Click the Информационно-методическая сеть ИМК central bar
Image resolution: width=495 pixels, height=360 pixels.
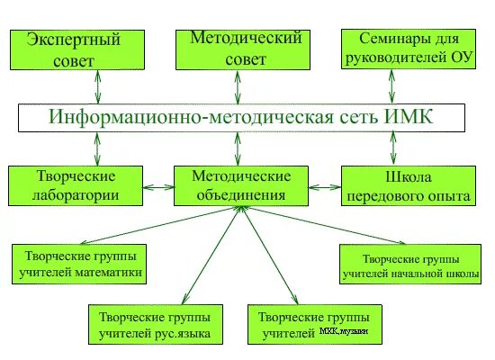[241, 117]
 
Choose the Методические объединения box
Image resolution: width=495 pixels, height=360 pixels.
[240, 184]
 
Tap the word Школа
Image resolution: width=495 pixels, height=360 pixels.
[408, 175]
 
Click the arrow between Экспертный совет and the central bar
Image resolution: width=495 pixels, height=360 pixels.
[97, 87]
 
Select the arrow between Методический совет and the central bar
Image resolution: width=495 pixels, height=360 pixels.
[237, 87]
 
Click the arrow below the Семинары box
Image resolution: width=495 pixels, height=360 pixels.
[391, 87]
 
